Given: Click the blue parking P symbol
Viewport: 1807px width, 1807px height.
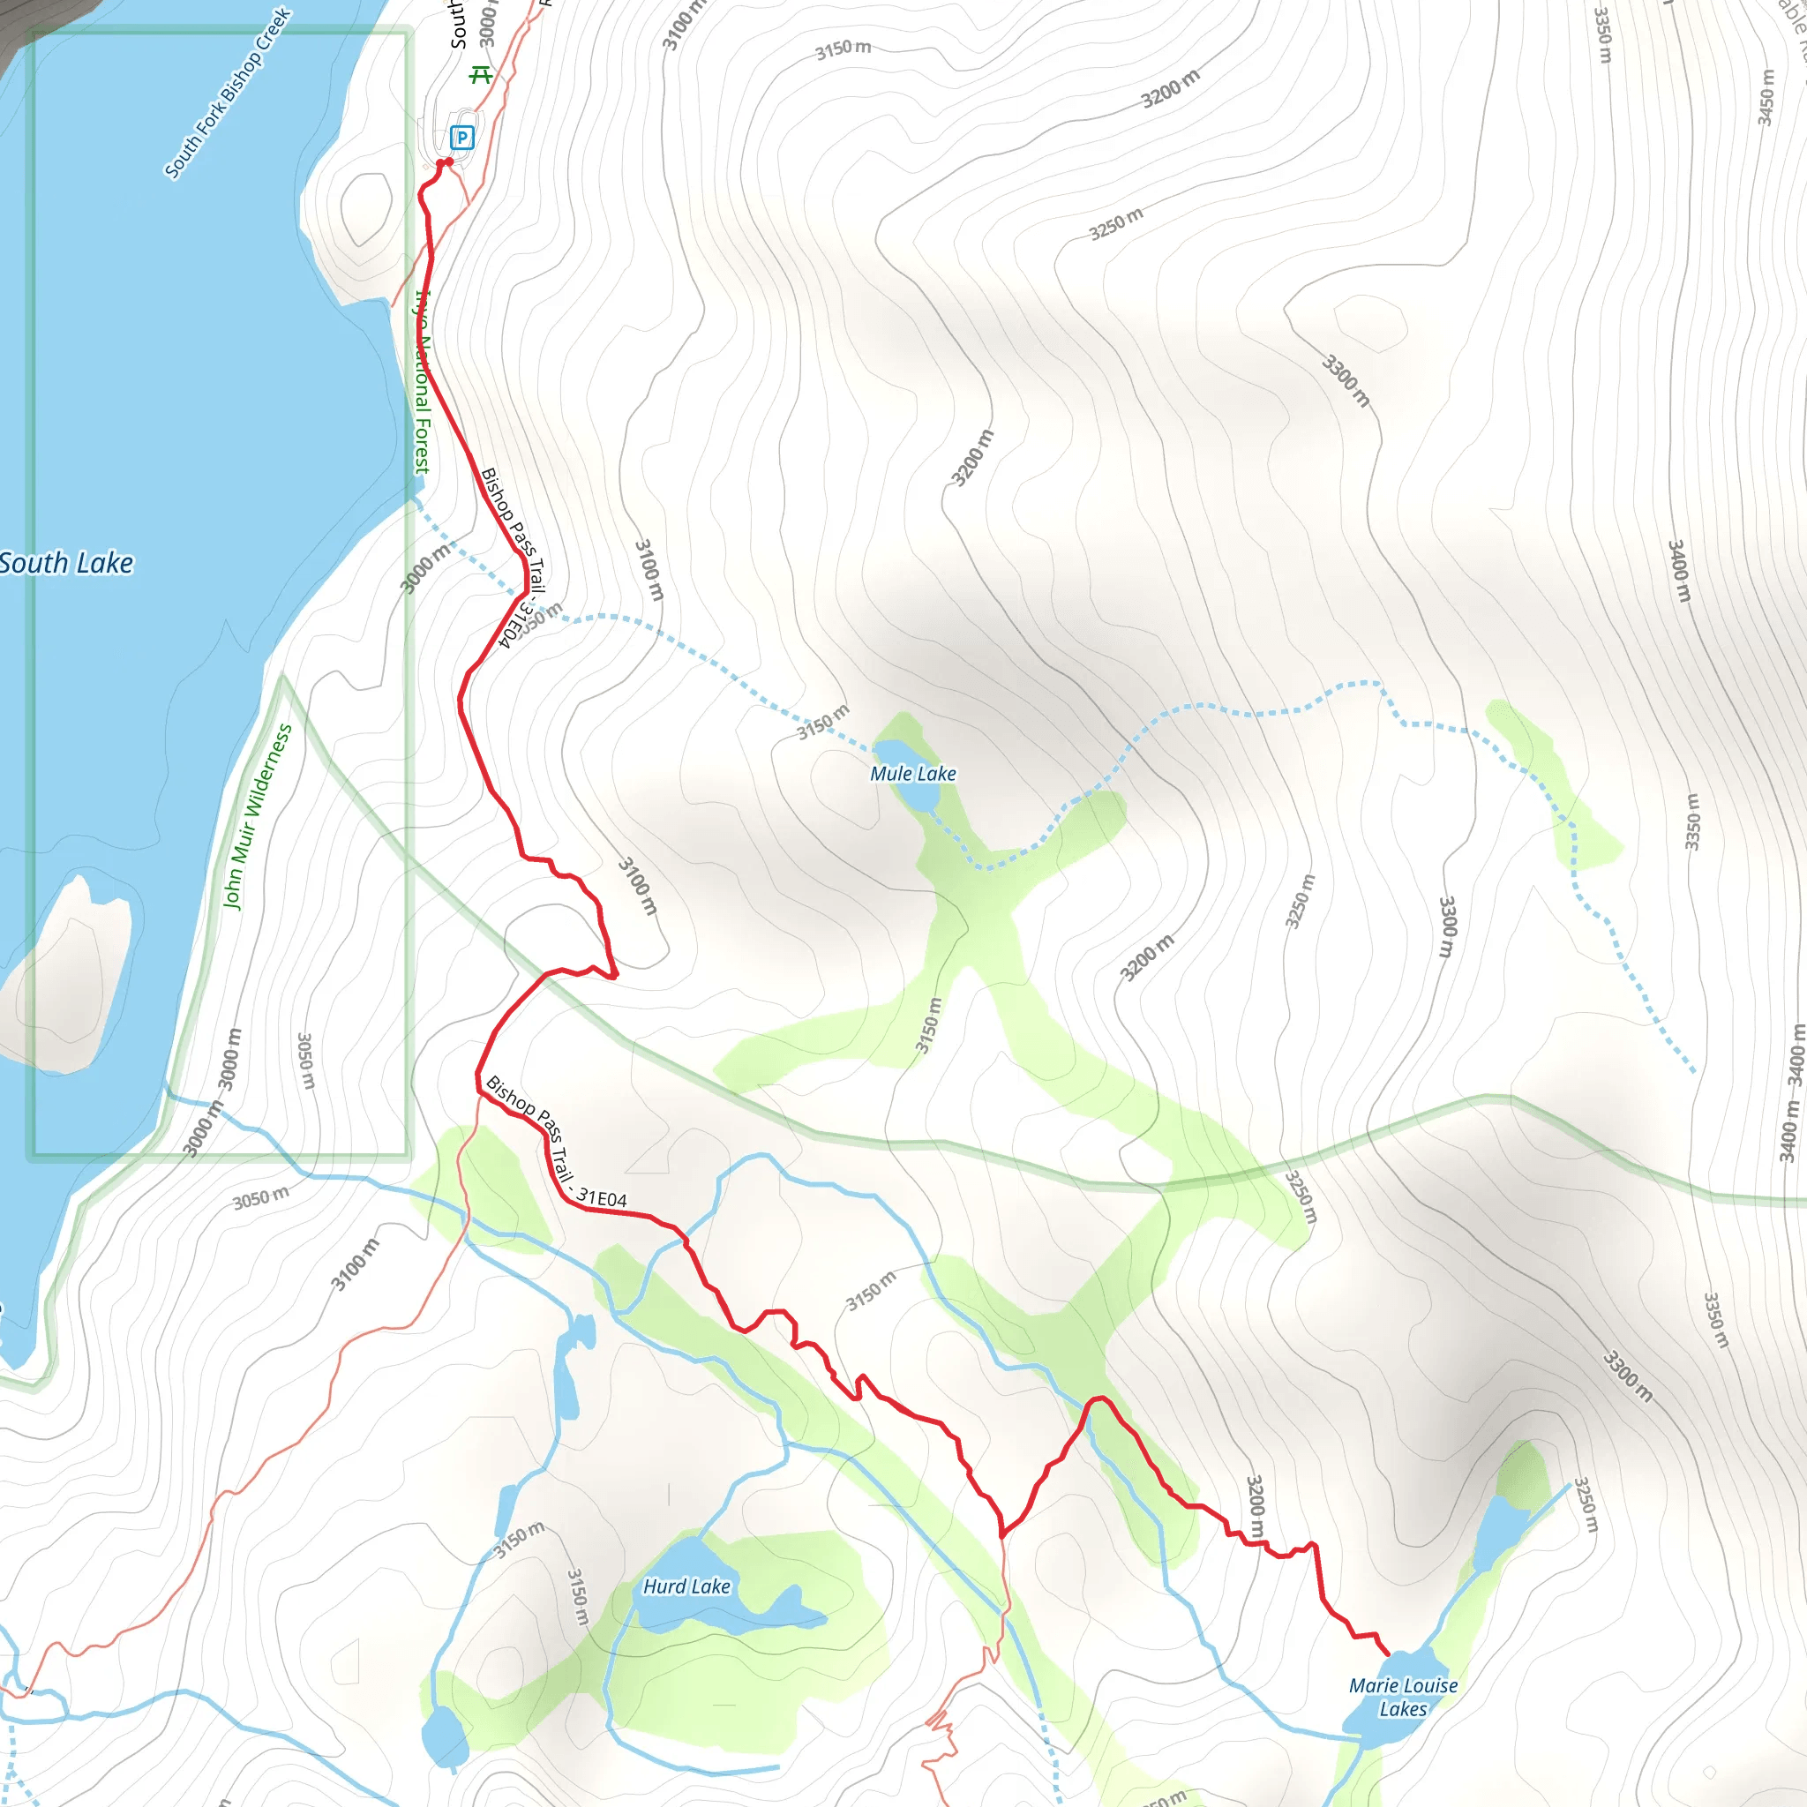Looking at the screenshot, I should coord(462,138).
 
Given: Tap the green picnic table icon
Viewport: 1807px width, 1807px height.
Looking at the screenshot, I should coord(481,74).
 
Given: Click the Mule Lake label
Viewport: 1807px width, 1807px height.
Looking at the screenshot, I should coord(913,774).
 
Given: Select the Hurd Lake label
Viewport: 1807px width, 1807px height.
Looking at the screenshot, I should coord(686,1586).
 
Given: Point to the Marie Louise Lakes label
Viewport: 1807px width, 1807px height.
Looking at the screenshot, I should coord(1403,1697).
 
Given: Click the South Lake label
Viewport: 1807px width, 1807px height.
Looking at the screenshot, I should coord(65,563).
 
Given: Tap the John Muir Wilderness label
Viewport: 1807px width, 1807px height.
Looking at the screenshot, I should coord(258,815).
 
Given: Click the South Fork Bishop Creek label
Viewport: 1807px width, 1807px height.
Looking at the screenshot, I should coord(228,94).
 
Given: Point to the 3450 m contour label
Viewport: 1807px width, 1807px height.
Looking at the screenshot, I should coord(1765,96).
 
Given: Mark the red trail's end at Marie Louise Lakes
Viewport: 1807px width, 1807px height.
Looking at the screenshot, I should coord(1387,1654).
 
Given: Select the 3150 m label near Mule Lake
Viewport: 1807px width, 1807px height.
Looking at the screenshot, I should coord(823,722).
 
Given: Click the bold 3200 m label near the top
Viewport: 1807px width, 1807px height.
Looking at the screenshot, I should coord(1169,90).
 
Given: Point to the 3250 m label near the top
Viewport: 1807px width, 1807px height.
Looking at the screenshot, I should coord(1116,223).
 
